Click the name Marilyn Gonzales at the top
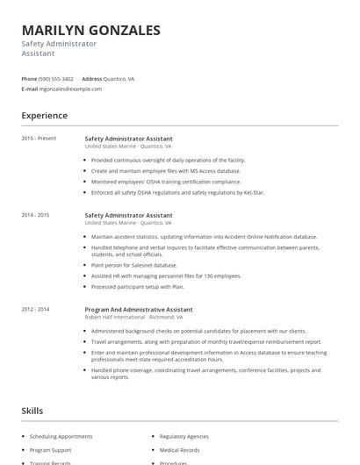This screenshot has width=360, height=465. [91, 31]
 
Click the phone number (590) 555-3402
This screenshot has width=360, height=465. [57, 79]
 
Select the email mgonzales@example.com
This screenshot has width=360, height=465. [71, 89]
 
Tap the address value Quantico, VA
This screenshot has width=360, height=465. [119, 79]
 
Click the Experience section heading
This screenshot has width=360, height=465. [45, 116]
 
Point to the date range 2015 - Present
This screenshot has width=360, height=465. [39, 139]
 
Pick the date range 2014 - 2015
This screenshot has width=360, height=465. [35, 215]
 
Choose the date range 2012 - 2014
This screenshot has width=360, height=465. [35, 309]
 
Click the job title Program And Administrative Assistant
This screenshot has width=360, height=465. [139, 309]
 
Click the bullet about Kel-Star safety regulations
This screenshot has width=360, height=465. [177, 192]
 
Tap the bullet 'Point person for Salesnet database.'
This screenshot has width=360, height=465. [133, 265]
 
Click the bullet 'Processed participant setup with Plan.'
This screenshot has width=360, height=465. [138, 286]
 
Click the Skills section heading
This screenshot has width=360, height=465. [32, 411]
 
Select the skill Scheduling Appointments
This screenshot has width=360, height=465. [61, 436]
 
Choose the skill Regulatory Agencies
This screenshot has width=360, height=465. [184, 436]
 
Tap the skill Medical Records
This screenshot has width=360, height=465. [180, 450]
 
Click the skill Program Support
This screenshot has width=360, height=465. [50, 450]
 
